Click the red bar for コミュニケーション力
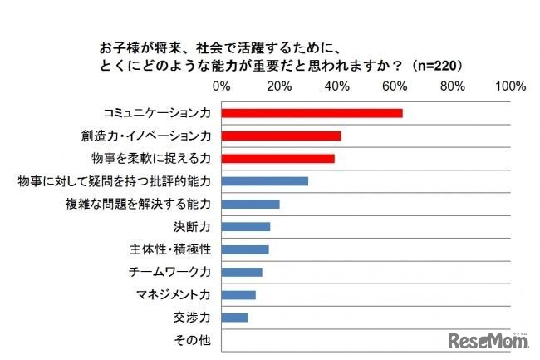312,113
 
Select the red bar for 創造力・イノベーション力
281,136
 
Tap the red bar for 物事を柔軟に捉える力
277,158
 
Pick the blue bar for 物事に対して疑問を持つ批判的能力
264,181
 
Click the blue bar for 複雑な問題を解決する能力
250,204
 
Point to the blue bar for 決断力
245,226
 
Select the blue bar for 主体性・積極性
244,249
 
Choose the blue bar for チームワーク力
241,272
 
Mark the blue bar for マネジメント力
238,294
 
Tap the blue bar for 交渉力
234,317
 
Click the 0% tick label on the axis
222,86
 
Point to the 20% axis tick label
280,86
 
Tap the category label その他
193,340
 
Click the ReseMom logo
488,340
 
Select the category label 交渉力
192,317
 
